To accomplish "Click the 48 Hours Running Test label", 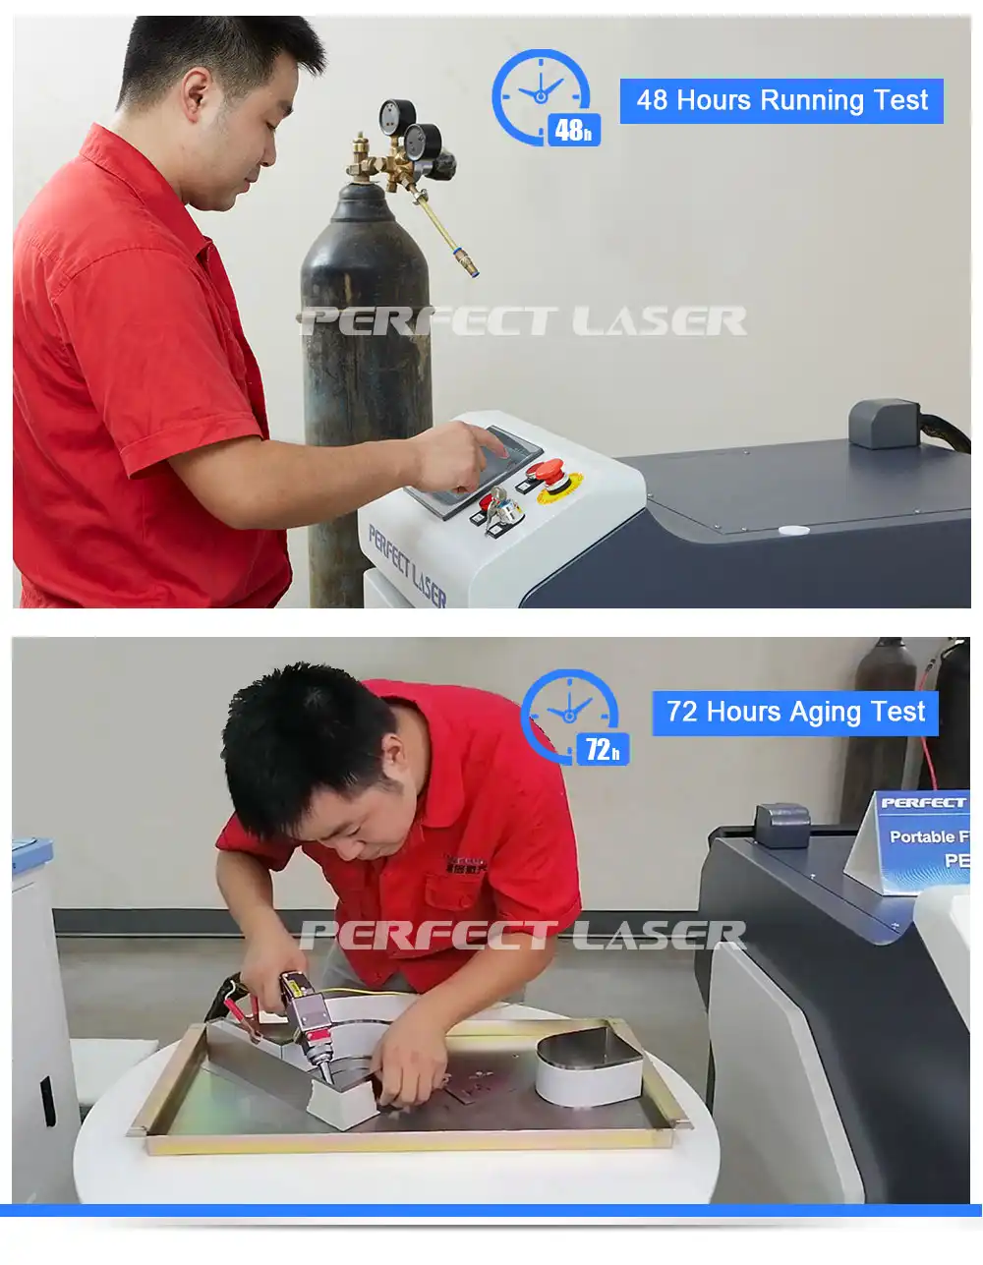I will (781, 100).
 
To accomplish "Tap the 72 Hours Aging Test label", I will (795, 713).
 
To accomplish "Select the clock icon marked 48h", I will (544, 97).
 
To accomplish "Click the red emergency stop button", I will (550, 475).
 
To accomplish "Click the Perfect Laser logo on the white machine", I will (407, 565).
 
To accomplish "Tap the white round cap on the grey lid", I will (794, 531).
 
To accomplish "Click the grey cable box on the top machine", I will (885, 423).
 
